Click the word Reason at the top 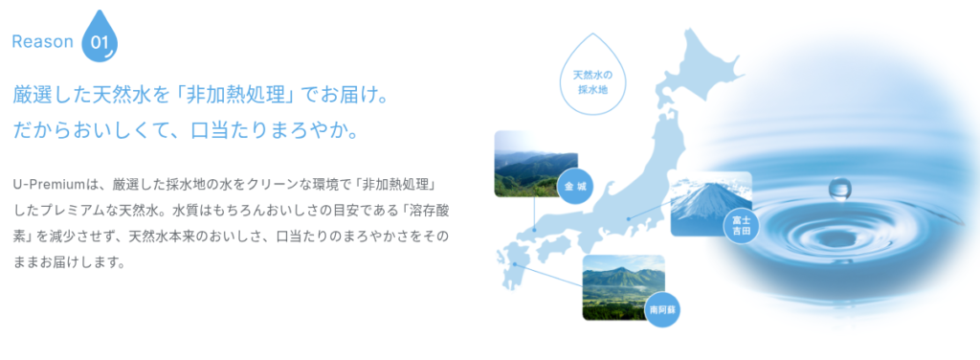[42, 42]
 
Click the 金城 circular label [575, 187]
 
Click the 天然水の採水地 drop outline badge [593, 75]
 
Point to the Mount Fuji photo [711, 204]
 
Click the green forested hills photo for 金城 [536, 164]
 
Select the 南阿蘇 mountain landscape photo [623, 287]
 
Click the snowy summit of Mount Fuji [705, 191]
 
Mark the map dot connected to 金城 [535, 230]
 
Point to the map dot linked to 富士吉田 [629, 218]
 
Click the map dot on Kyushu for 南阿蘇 [515, 263]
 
